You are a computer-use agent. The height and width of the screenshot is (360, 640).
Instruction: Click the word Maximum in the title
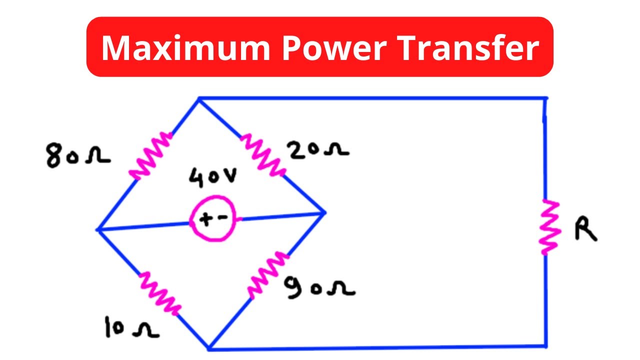185,47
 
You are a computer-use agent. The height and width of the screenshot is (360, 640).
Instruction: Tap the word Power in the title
334,47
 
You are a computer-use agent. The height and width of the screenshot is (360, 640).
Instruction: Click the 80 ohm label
78,155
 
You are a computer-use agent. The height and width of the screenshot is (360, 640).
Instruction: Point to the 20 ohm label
317,149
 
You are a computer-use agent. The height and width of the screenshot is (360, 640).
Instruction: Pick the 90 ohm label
319,287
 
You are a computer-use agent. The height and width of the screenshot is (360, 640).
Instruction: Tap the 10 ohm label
132,327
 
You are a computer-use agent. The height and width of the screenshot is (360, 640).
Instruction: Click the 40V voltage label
213,177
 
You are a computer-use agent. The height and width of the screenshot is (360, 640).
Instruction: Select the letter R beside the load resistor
585,228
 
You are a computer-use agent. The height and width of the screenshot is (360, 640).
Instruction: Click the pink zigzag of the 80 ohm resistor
150,156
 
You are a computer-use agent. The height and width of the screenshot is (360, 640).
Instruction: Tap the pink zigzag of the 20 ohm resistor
263,155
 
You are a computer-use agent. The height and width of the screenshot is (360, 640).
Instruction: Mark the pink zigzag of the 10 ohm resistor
160,293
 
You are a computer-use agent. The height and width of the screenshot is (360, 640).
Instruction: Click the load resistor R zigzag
549,227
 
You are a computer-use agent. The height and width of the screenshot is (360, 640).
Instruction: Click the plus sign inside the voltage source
205,219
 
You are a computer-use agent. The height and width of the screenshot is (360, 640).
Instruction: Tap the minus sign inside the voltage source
223,217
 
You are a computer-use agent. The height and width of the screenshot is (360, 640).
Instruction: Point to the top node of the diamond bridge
199,98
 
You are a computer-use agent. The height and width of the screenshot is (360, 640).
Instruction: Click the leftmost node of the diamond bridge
97,229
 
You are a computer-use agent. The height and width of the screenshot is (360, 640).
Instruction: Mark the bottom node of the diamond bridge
209,348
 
